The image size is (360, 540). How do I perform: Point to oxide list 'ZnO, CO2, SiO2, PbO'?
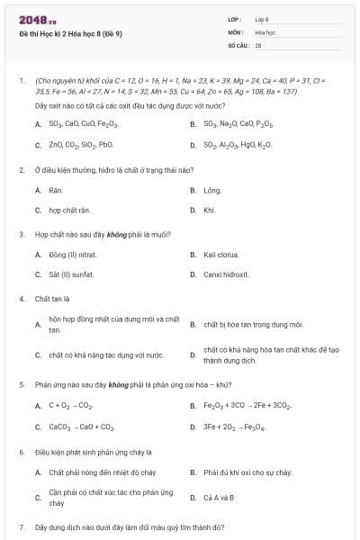point(81,144)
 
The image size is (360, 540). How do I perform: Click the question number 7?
point(21,526)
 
